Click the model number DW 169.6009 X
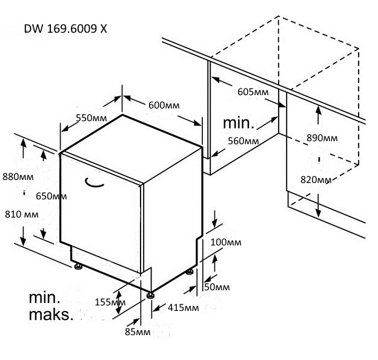click(65, 29)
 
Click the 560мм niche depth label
click(243, 141)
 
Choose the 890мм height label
click(322, 138)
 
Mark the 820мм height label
click(316, 180)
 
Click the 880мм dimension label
click(18, 177)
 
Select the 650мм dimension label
click(51, 196)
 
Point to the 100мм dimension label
click(225, 242)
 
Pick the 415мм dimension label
click(183, 308)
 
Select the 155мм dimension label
click(110, 302)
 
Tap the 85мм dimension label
click(138, 332)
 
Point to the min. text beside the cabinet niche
click(239, 123)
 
